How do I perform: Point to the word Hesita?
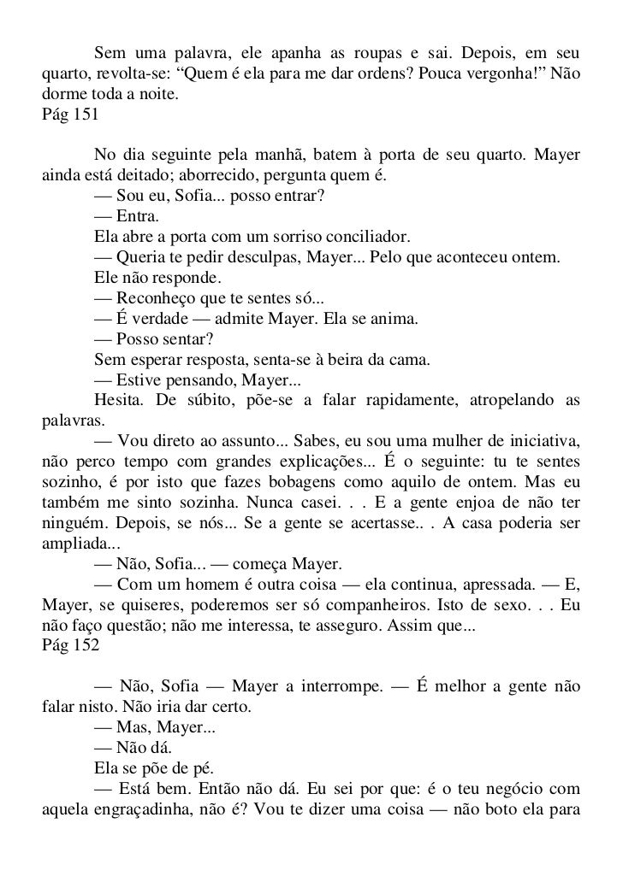click(x=116, y=401)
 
